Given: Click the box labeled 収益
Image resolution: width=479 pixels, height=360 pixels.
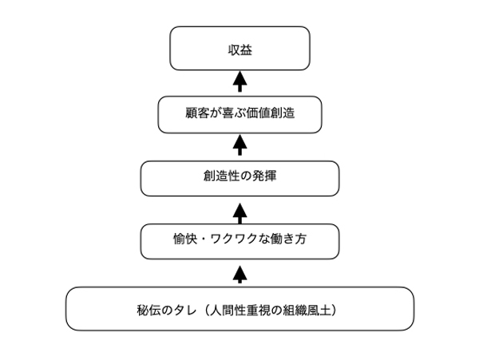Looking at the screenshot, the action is pyautogui.click(x=239, y=48).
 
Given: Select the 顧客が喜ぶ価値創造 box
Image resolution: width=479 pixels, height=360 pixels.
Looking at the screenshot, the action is pyautogui.click(x=239, y=114).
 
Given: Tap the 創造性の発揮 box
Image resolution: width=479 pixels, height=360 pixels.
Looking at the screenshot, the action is pyautogui.click(x=239, y=178).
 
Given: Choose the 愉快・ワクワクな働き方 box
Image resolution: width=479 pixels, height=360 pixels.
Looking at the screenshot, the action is pyautogui.click(x=239, y=241).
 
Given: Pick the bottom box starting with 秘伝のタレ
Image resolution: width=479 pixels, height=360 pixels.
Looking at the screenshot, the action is pyautogui.click(x=239, y=309).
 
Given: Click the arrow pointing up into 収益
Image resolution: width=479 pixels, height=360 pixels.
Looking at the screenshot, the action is pyautogui.click(x=239, y=81).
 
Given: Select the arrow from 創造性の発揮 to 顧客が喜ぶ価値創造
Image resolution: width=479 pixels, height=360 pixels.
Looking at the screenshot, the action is pyautogui.click(x=239, y=145).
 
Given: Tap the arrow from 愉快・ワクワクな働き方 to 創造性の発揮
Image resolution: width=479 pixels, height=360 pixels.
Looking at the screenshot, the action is pyautogui.click(x=239, y=214).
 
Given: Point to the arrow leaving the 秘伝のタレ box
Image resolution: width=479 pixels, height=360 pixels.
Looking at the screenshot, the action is pyautogui.click(x=239, y=275).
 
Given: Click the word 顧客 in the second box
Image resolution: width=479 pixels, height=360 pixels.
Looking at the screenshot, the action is pyautogui.click(x=196, y=113).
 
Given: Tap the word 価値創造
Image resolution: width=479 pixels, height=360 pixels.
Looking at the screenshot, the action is pyautogui.click(x=272, y=113).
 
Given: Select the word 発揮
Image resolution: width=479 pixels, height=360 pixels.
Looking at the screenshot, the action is pyautogui.click(x=264, y=176).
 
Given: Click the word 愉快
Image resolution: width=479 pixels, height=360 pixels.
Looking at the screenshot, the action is pyautogui.click(x=184, y=239).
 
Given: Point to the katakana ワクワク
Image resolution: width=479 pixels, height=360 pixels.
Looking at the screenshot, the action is pyautogui.click(x=233, y=239).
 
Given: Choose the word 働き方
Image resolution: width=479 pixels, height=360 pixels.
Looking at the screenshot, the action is pyautogui.click(x=288, y=239).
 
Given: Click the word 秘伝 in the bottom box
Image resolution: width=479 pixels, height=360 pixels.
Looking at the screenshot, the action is pyautogui.click(x=148, y=311).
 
